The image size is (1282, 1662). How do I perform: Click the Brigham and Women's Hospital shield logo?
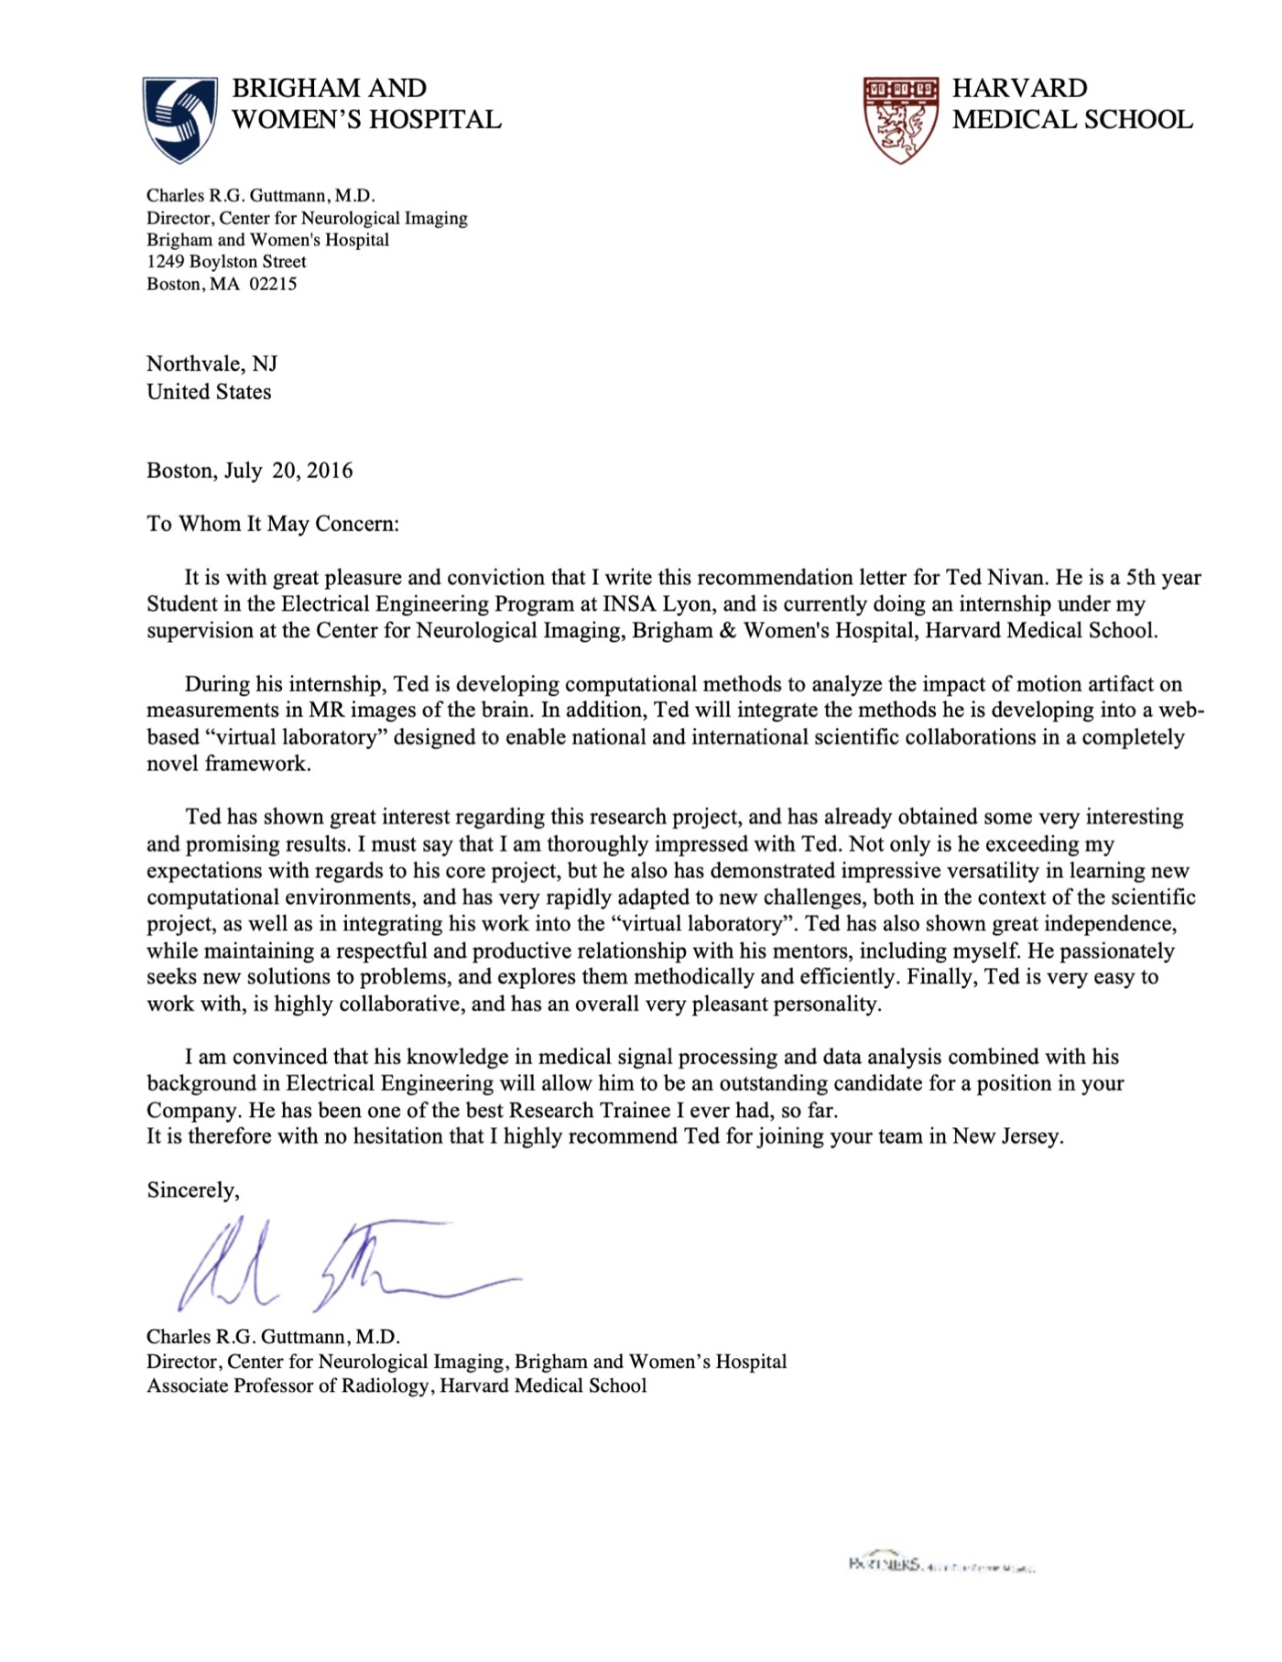click(x=179, y=119)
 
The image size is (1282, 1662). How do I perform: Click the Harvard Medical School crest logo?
click(x=901, y=119)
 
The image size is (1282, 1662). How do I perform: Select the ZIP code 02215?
click(x=273, y=284)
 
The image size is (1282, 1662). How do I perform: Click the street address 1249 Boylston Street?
click(x=226, y=262)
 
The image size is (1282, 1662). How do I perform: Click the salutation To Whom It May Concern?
click(x=272, y=524)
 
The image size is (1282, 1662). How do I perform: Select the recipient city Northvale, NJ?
click(x=212, y=364)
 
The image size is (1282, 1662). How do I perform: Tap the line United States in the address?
click(x=209, y=392)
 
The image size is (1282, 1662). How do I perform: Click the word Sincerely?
click(x=192, y=1190)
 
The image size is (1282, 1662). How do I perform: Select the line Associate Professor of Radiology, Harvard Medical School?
click(x=397, y=1386)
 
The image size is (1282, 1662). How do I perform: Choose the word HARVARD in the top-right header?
click(x=1019, y=89)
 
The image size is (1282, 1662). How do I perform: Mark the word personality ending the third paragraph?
click(x=827, y=1005)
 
